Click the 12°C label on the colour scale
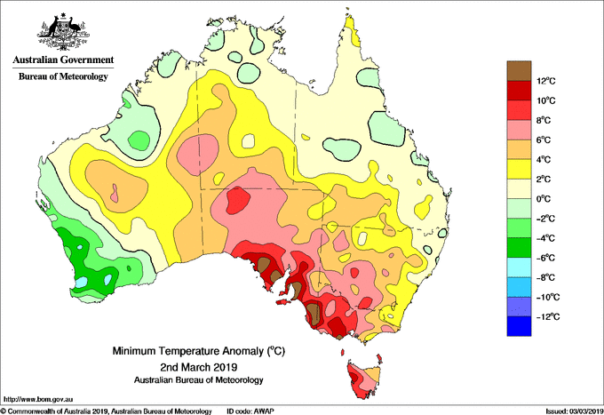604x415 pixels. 546,81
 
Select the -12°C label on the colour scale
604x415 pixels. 547,317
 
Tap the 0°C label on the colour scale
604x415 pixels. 544,199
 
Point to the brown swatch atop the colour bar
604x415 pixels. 519,71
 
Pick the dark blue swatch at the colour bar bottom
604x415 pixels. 519,326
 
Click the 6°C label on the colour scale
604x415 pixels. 544,140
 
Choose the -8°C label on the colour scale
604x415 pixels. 545,278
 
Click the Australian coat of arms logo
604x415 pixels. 64,32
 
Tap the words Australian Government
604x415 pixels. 64,60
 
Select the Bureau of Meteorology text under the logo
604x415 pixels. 64,76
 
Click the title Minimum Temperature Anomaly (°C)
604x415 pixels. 199,351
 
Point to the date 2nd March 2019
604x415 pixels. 199,366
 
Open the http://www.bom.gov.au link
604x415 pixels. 37,400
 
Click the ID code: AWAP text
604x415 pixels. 250,411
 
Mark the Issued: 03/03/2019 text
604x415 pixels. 575,411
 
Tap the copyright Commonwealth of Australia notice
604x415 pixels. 107,411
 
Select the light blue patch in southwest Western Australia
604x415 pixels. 81,283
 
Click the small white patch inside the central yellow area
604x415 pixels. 249,141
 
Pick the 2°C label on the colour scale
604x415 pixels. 544,180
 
